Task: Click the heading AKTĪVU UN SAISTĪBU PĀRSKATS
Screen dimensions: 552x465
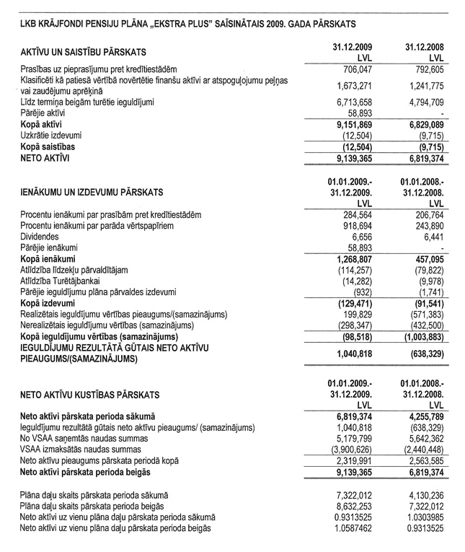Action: pyautogui.click(x=84, y=52)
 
